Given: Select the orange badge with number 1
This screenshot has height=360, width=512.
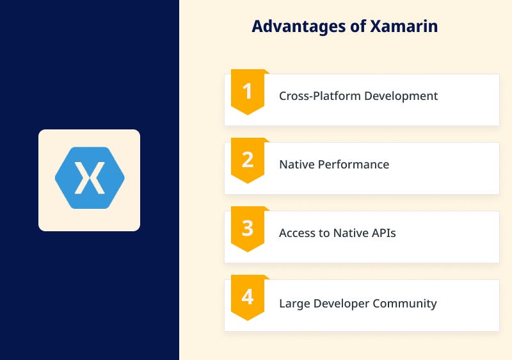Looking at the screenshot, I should (x=247, y=92).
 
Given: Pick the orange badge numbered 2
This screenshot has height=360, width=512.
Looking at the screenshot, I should (x=247, y=160).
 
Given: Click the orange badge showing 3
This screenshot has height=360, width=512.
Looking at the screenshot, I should (x=247, y=229).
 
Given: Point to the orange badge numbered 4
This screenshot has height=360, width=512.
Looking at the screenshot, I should (x=247, y=297).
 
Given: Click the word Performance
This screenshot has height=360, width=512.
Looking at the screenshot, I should (x=355, y=165).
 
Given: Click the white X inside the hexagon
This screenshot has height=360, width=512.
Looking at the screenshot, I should (x=90, y=178).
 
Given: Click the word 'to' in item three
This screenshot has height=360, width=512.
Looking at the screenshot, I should (x=324, y=233).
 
